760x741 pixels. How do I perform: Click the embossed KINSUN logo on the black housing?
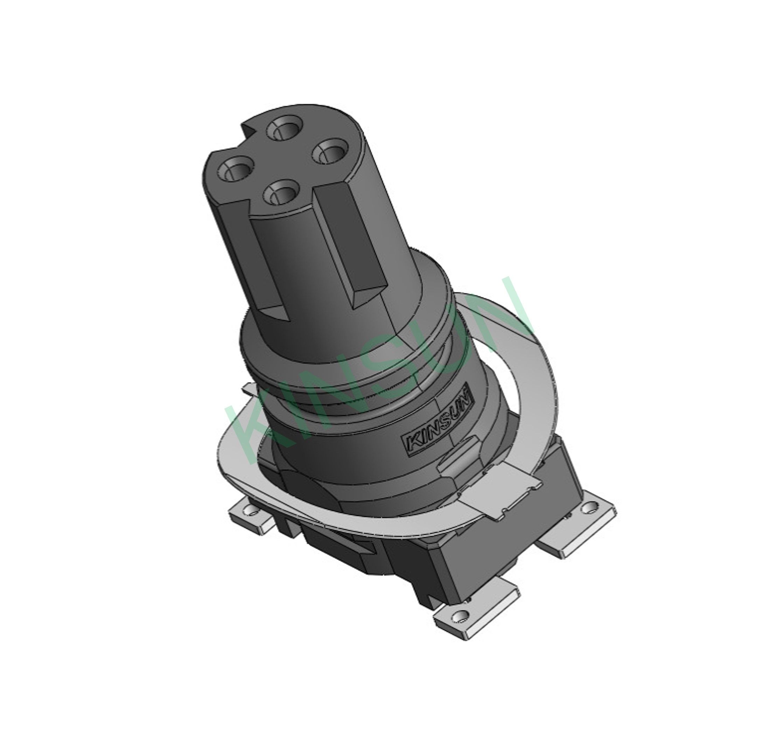(438, 424)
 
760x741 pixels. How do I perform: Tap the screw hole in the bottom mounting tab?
(460, 616)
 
